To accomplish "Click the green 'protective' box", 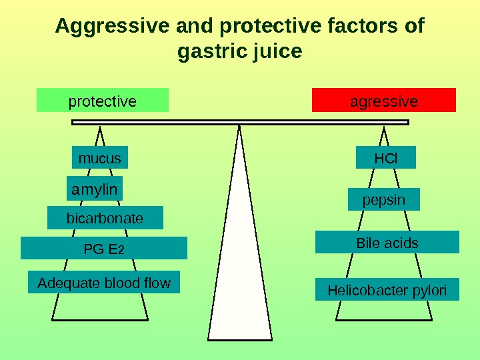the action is point(103,101).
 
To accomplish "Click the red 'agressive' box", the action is point(384,101).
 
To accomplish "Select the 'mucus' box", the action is point(99,159).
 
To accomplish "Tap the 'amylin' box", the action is point(95,189).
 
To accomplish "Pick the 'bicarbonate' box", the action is point(105,218).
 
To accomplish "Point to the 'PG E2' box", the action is point(104,249).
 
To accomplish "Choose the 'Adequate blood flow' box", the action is point(104,283).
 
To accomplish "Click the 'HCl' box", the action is point(385,159).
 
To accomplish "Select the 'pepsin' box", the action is point(384,200).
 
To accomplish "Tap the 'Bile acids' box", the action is point(387,243).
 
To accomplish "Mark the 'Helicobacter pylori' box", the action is point(387,290).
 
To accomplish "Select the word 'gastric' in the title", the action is point(211,51).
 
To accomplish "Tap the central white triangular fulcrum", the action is point(239,267).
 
